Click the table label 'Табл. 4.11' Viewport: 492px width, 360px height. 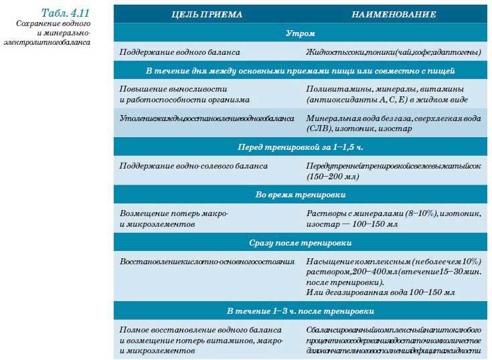coord(65,13)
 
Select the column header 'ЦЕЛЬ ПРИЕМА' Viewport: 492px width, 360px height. coord(208,14)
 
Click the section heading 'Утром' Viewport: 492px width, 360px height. coord(301,33)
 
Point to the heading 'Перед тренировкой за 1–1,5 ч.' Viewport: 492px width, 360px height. coord(301,146)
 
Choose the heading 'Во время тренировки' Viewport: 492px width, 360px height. coord(301,194)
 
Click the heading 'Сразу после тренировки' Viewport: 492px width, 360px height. coord(301,242)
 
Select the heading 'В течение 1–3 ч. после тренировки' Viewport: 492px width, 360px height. coord(301,311)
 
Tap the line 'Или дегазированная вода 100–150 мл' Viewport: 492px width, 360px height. coord(380,292)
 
